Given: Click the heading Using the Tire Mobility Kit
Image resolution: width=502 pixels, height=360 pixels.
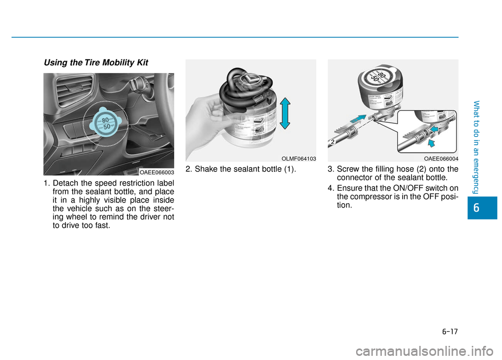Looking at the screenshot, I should pos(96,63).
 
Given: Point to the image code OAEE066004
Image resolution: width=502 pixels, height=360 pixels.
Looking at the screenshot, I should pos(441,158).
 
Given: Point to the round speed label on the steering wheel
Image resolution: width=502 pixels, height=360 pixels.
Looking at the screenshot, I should pos(107,124).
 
